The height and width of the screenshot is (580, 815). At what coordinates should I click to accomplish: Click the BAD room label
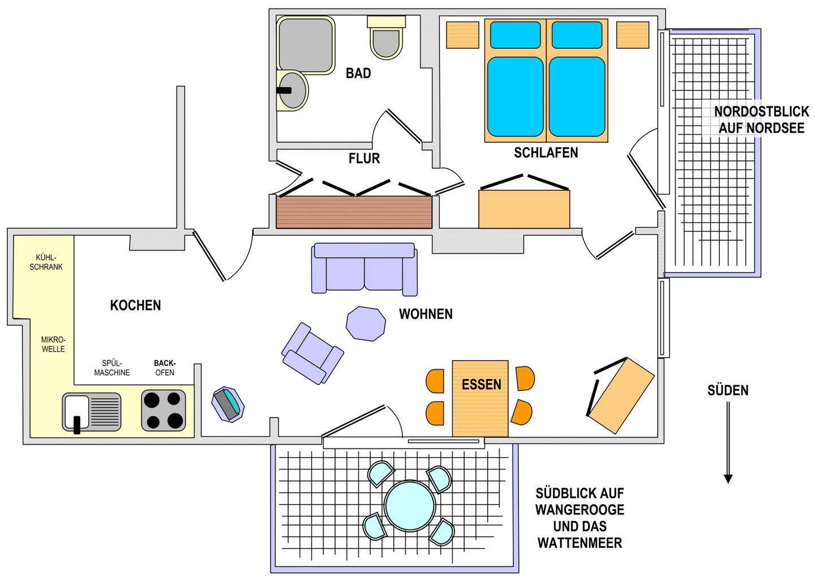coord(358,73)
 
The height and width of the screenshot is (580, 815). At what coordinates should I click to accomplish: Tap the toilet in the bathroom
coord(387,37)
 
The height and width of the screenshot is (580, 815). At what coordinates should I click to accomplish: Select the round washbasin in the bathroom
coord(292,91)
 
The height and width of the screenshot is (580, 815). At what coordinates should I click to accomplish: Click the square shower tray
coord(306,45)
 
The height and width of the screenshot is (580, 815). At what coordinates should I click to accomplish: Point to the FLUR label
coord(364,159)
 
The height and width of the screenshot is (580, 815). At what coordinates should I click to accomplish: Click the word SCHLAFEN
coord(546,152)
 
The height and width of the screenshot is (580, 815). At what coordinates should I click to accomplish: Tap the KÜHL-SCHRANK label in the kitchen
coord(46,262)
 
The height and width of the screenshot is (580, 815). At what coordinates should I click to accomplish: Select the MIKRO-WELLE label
coord(53,344)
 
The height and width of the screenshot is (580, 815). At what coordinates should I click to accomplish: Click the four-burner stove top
coord(164,410)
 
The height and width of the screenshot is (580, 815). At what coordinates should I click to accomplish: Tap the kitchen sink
coord(91,412)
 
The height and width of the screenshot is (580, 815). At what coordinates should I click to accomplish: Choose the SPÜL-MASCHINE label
coord(112,368)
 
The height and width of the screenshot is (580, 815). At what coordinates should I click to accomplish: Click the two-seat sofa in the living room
coord(364,268)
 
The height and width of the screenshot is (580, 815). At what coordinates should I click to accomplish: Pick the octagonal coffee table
coord(366,323)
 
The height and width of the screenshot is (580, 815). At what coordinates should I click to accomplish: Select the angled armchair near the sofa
coord(312,353)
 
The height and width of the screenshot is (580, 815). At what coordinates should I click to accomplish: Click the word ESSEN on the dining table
coord(481,385)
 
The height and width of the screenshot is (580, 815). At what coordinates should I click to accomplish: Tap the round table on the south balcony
coord(410,506)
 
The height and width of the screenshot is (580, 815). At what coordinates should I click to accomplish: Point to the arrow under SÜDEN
coord(728,442)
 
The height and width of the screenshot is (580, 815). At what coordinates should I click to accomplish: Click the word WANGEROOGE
coord(580,510)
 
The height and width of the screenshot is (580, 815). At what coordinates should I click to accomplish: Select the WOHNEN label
coord(426,314)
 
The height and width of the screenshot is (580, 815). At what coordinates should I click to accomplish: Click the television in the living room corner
coord(228,404)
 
